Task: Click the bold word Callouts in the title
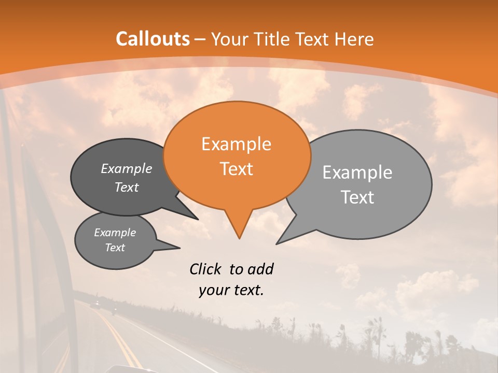click(153, 39)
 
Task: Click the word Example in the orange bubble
click(236, 144)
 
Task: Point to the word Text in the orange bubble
click(237, 169)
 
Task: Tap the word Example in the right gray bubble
click(357, 173)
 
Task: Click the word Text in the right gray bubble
click(357, 197)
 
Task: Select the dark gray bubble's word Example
click(127, 168)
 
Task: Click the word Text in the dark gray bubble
click(127, 187)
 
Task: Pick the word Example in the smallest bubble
click(115, 233)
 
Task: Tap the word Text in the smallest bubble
click(115, 248)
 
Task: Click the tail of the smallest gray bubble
click(176, 248)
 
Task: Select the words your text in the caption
click(231, 291)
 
